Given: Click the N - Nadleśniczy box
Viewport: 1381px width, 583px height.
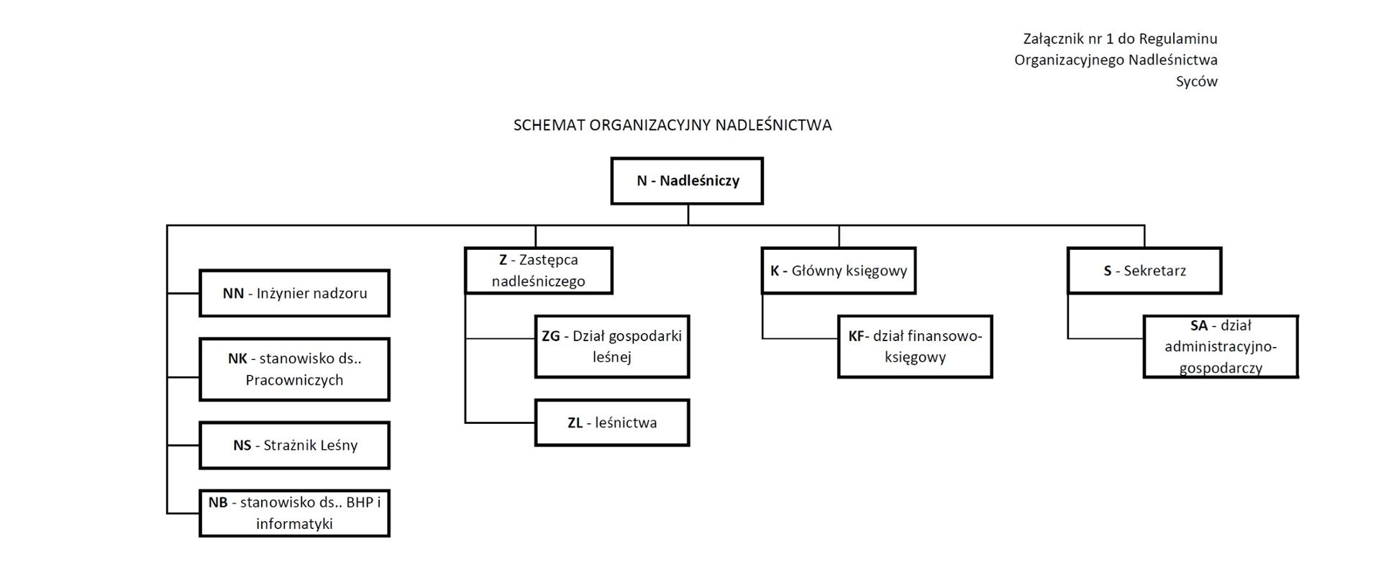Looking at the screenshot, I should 687,181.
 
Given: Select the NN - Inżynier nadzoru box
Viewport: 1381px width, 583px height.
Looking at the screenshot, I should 294,293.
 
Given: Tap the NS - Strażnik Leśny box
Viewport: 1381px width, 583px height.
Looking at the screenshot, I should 294,446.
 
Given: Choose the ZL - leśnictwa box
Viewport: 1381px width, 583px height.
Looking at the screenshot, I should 612,422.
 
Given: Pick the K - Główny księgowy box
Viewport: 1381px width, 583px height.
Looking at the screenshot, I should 838,271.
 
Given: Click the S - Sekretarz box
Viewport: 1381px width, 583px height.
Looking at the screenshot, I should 1144,271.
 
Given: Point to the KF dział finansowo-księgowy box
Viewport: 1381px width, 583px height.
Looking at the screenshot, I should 915,346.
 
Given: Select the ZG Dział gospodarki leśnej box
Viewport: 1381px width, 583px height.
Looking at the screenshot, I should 612,346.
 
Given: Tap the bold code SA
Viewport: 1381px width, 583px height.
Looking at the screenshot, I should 1199,325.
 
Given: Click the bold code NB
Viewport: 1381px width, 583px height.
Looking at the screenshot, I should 218,502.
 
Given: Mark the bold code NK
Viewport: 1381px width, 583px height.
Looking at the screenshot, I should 237,358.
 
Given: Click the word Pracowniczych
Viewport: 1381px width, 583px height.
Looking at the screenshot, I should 294,380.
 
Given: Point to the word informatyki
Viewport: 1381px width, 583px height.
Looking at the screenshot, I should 294,524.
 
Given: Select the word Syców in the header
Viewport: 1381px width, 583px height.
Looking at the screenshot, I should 1196,81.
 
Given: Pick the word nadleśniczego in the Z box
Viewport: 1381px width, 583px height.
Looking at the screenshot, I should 538,281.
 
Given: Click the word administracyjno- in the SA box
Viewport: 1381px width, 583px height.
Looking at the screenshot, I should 1221,347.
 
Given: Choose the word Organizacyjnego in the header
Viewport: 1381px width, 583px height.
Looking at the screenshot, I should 1068,60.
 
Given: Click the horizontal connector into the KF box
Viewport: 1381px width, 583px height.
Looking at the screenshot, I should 801,338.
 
